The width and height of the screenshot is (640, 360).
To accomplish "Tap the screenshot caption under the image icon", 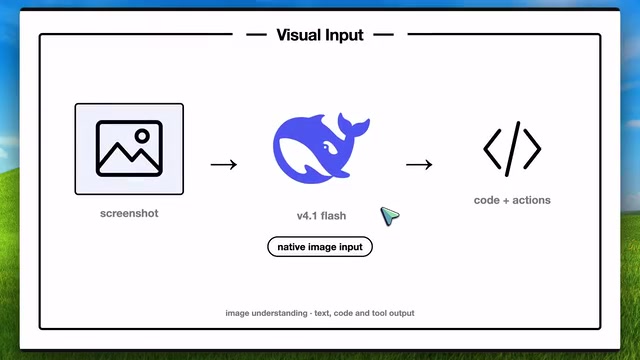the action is click(x=129, y=213).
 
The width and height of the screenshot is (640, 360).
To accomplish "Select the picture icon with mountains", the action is click(x=129, y=149).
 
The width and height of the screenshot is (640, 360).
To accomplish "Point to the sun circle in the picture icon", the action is click(x=142, y=136).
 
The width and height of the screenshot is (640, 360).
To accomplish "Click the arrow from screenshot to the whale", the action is click(x=224, y=164).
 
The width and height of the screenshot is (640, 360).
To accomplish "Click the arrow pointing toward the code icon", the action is click(x=419, y=164).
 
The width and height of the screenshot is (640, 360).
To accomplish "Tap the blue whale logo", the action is click(x=321, y=148).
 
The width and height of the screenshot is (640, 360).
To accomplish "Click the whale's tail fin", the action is click(x=353, y=125).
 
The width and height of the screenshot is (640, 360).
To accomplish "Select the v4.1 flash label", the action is click(x=321, y=216).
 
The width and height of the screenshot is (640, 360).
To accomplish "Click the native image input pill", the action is click(x=320, y=247).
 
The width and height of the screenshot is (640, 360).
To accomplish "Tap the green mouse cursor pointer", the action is click(x=389, y=216).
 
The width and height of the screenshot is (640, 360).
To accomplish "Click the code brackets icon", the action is click(x=512, y=149).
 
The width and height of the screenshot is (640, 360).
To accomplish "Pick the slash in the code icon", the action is click(x=513, y=149).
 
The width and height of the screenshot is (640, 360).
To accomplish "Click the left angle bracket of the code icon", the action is click(x=492, y=149).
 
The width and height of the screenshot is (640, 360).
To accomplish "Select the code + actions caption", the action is click(x=512, y=200).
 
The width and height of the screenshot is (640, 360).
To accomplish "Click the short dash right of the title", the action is click(x=384, y=35).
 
